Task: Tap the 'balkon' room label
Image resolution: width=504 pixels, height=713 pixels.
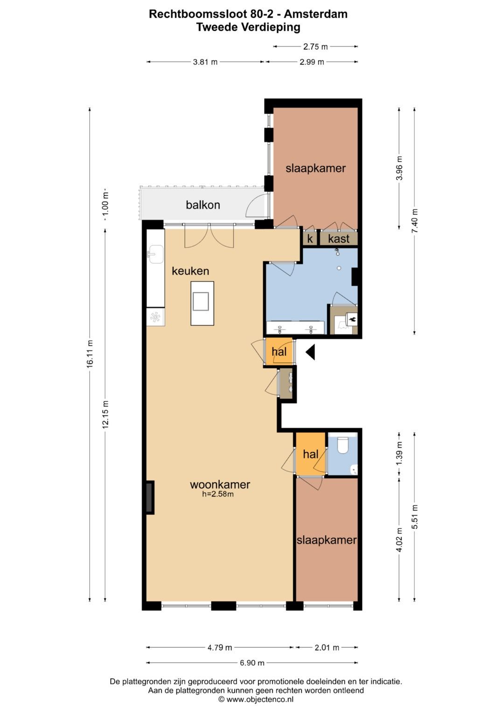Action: (x=203, y=205)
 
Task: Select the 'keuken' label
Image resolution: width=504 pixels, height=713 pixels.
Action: (x=190, y=271)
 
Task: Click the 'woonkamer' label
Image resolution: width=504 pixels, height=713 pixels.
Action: (x=220, y=484)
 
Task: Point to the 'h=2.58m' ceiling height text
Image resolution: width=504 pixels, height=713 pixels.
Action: (x=218, y=494)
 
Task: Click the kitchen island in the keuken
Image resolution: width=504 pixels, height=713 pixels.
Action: (x=202, y=303)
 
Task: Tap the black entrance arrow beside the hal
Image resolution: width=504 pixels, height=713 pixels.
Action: (x=310, y=352)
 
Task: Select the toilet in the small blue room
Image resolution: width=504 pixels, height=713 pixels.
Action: (x=343, y=445)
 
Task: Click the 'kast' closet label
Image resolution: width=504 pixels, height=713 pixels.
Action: (x=338, y=239)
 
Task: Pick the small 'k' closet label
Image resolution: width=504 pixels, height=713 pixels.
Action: (x=309, y=239)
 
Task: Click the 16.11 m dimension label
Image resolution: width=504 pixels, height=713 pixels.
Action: (x=90, y=354)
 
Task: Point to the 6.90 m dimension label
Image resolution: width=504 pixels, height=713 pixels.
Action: (x=252, y=663)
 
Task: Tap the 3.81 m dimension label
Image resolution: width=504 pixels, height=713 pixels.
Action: (x=205, y=62)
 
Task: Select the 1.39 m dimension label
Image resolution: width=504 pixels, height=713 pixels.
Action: (x=399, y=453)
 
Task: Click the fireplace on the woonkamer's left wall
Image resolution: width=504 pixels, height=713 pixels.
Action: (x=149, y=498)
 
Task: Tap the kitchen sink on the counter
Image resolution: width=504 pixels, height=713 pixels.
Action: (x=155, y=254)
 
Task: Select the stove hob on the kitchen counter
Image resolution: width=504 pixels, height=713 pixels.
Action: (x=155, y=317)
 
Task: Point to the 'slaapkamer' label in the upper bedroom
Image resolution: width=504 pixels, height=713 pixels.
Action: (x=315, y=168)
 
